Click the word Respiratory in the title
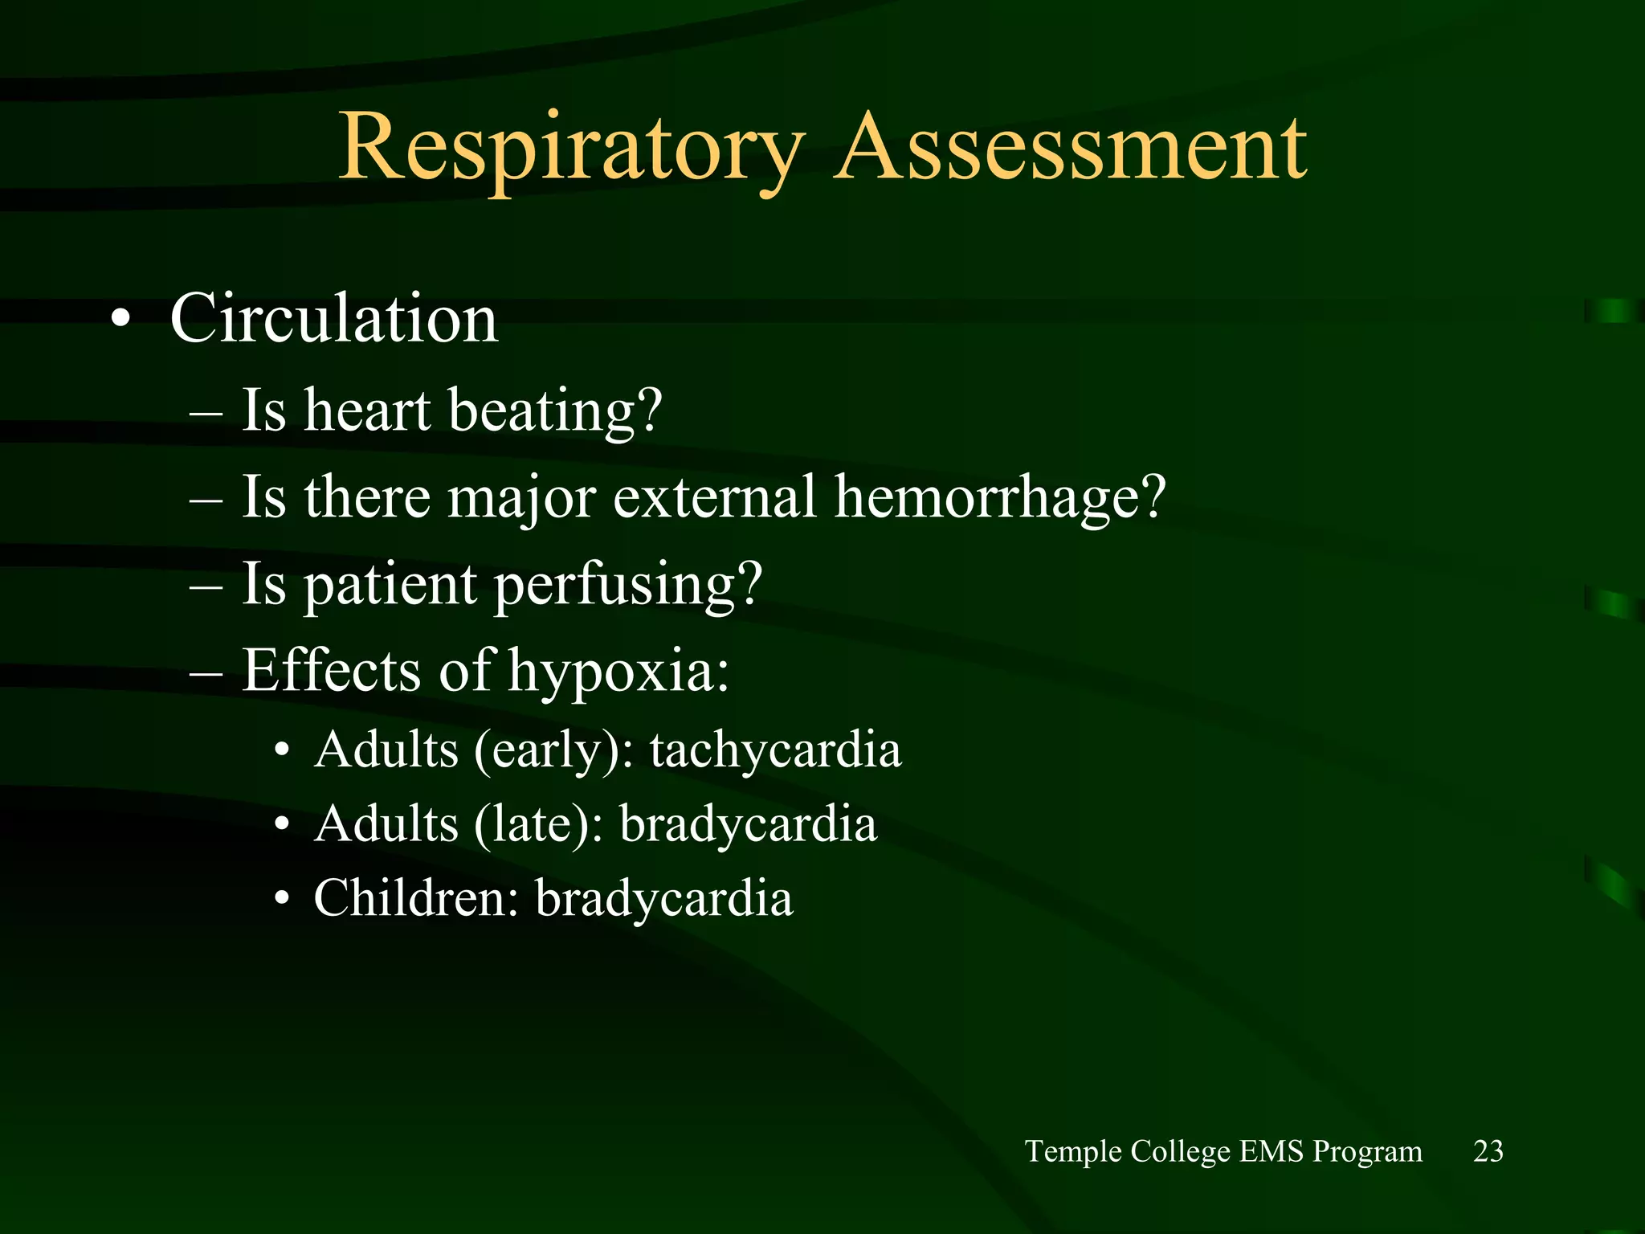click(x=571, y=149)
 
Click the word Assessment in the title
click(x=1071, y=149)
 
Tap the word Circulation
click(x=334, y=318)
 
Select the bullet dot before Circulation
click(x=120, y=321)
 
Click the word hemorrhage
click(x=999, y=497)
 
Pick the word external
click(x=716, y=497)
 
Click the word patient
click(x=391, y=585)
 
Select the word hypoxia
click(x=619, y=672)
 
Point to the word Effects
click(x=331, y=670)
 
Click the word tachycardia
click(x=776, y=750)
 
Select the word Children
click(x=416, y=898)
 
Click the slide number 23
click(x=1488, y=1151)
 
